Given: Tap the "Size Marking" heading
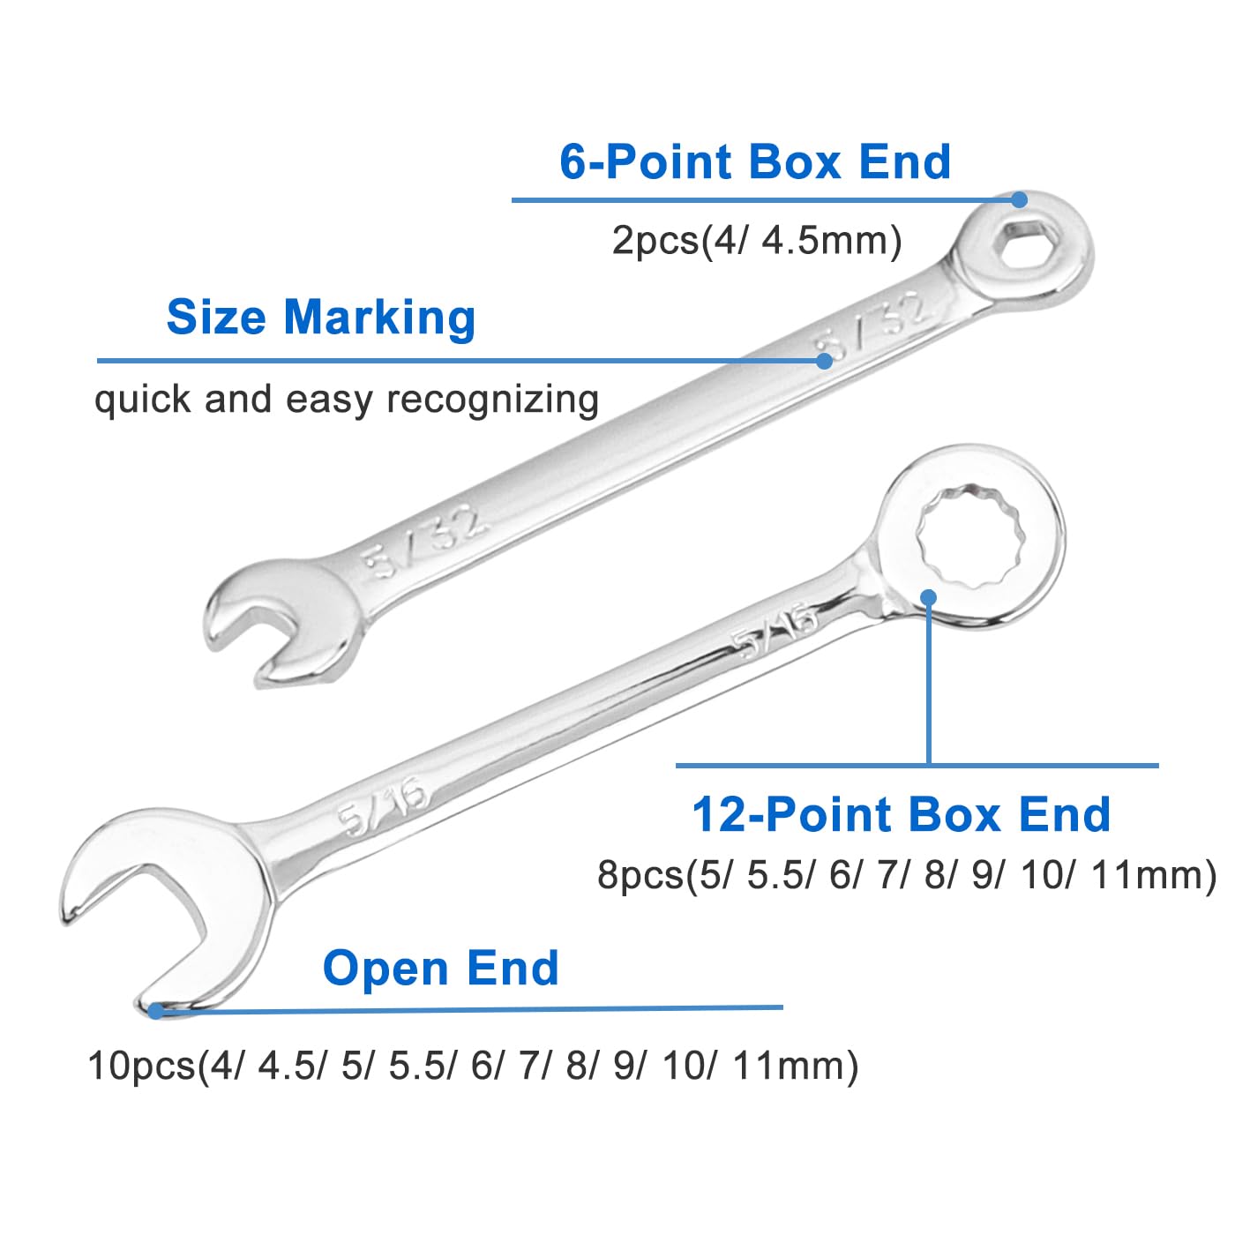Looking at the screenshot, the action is pos(320,318).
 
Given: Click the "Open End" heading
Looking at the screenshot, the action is pos(441,968).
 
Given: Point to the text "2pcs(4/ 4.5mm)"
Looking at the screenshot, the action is pos(757,241).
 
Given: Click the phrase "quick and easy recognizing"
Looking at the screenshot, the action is pos(347,400).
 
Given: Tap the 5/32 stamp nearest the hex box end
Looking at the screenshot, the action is pos(871,326).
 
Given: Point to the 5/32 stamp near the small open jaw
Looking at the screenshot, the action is pos(423,542).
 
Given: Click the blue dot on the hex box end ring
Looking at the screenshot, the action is pos(1019,200).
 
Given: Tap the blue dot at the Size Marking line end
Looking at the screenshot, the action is pos(824,361).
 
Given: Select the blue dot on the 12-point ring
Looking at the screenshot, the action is pos(929,597).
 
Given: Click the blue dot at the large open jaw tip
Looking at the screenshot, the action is pos(156,1011).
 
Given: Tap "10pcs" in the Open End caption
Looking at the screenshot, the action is pos(141,1067).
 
